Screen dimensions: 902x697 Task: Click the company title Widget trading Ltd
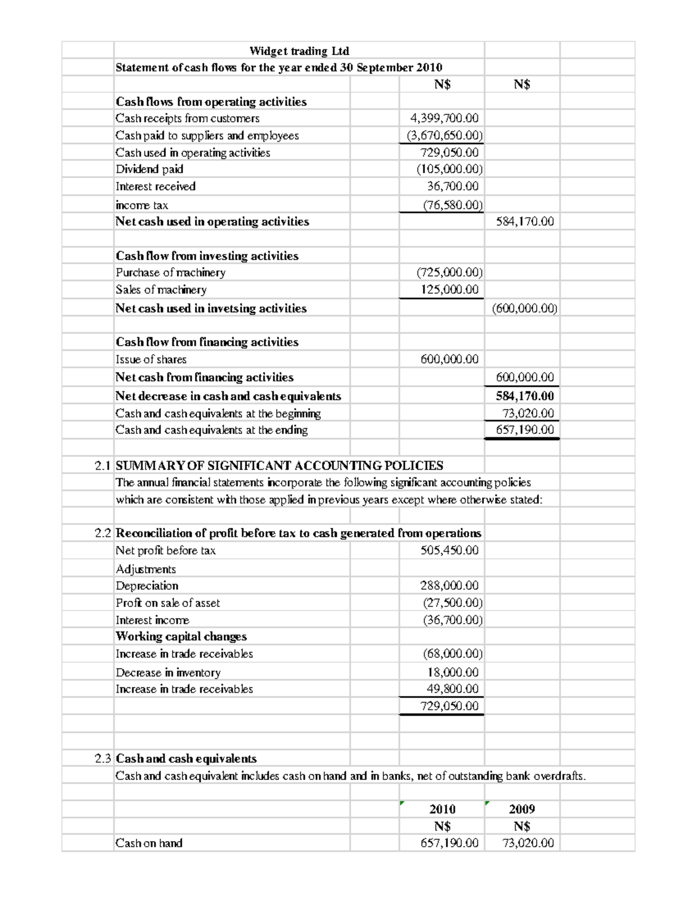pyautogui.click(x=299, y=51)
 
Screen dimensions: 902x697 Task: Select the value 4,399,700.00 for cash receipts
pyautogui.click(x=444, y=118)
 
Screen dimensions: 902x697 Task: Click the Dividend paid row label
pyautogui.click(x=149, y=170)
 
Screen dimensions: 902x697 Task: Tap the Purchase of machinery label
pyautogui.click(x=170, y=272)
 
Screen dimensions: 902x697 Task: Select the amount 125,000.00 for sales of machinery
pyautogui.click(x=450, y=289)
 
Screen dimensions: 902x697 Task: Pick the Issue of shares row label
pyautogui.click(x=151, y=360)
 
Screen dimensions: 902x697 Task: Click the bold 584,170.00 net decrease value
pyautogui.click(x=524, y=396)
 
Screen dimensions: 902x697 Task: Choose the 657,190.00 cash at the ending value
pyautogui.click(x=524, y=430)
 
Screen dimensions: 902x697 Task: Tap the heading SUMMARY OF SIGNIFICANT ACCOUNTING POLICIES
pyautogui.click(x=279, y=466)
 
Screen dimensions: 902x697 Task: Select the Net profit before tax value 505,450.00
pyautogui.click(x=450, y=551)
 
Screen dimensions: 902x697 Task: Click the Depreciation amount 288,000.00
pyautogui.click(x=450, y=586)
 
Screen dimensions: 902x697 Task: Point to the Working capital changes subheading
pyautogui.click(x=181, y=637)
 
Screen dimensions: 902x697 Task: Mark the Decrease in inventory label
pyautogui.click(x=168, y=673)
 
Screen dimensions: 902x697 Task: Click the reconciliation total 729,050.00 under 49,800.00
pyautogui.click(x=450, y=706)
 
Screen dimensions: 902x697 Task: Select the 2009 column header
pyautogui.click(x=522, y=809)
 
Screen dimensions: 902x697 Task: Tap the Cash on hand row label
pyautogui.click(x=149, y=843)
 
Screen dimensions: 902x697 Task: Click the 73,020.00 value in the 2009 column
pyautogui.click(x=527, y=843)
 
